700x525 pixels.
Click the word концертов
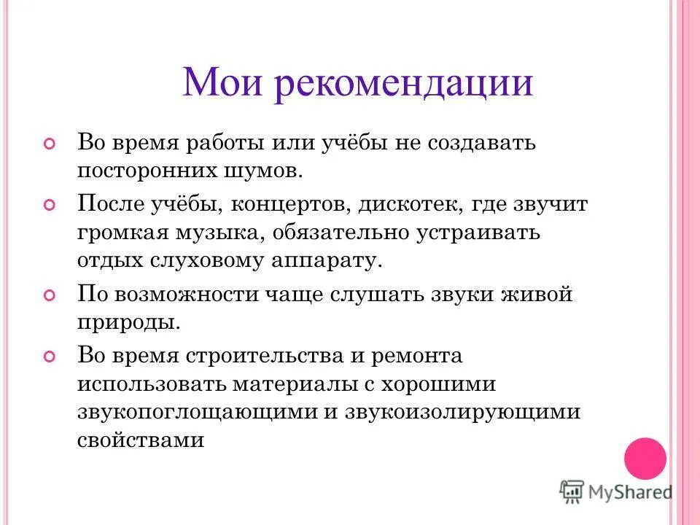290,204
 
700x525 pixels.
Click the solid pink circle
645,458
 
